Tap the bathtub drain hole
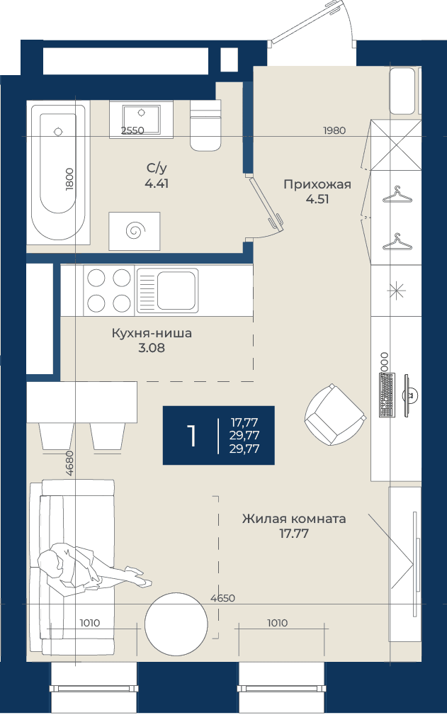(58, 132)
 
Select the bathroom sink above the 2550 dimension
(141, 120)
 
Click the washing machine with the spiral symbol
(135, 231)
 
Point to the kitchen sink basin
(177, 290)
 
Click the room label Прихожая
(317, 184)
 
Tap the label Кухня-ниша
(152, 333)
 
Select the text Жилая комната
(294, 519)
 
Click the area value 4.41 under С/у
(157, 184)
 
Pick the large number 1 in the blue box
(192, 436)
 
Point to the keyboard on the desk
(387, 395)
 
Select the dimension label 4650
(223, 598)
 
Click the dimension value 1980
(334, 131)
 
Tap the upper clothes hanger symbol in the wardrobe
(397, 195)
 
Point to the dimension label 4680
(69, 463)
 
